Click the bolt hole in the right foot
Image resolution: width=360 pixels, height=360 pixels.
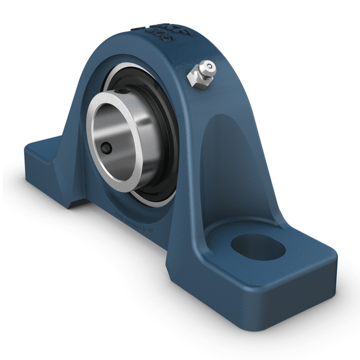point(257,247)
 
